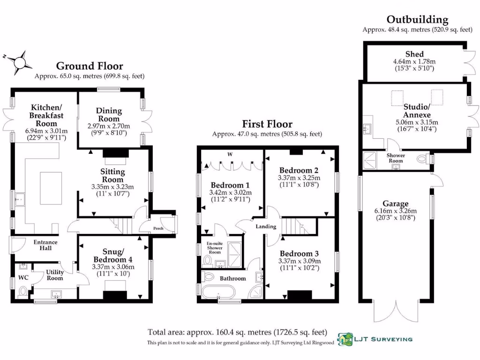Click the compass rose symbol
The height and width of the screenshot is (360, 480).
point(20,62)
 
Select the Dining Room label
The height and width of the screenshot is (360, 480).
point(109,114)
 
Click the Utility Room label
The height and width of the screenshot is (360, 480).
point(54,275)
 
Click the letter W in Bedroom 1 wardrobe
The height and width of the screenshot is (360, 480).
point(230,154)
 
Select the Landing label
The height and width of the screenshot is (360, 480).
point(265,226)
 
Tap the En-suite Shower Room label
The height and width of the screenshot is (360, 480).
point(214,248)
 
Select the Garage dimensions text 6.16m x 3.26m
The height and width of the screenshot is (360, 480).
point(395,211)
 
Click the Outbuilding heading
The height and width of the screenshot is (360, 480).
point(417,20)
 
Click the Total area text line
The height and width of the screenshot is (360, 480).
point(237,332)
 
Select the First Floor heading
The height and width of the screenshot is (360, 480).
point(267,124)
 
